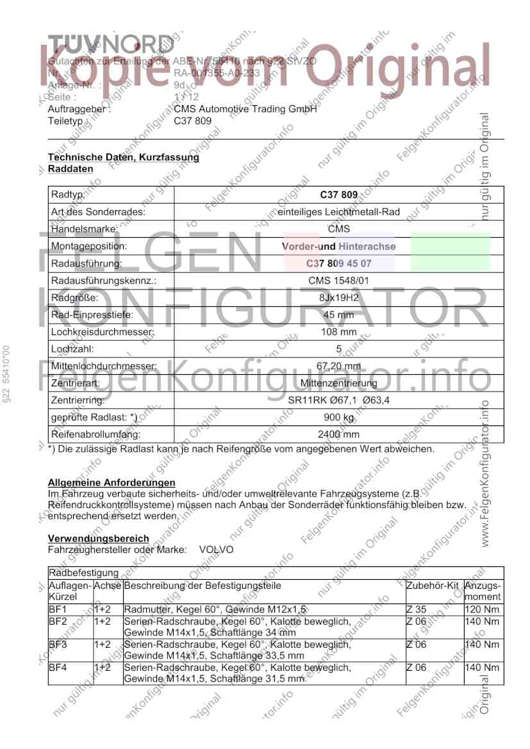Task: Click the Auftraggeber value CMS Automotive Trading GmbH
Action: (x=245, y=110)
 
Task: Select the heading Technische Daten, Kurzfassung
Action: (x=124, y=157)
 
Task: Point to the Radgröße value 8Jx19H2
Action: (x=338, y=298)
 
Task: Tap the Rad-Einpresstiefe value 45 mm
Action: (x=338, y=315)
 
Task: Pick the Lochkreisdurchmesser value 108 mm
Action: (x=338, y=332)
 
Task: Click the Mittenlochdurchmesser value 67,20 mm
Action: (x=338, y=366)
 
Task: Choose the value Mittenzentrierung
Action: (x=338, y=384)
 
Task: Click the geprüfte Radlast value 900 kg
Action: (x=338, y=418)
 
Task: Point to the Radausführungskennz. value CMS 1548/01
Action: (x=338, y=281)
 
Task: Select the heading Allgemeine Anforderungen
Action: (x=112, y=482)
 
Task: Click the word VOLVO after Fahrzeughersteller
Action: (x=217, y=550)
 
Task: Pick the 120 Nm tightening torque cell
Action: (x=481, y=609)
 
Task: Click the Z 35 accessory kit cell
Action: (x=417, y=609)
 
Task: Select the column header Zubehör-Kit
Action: (x=433, y=586)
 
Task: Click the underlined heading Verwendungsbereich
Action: (x=99, y=539)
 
